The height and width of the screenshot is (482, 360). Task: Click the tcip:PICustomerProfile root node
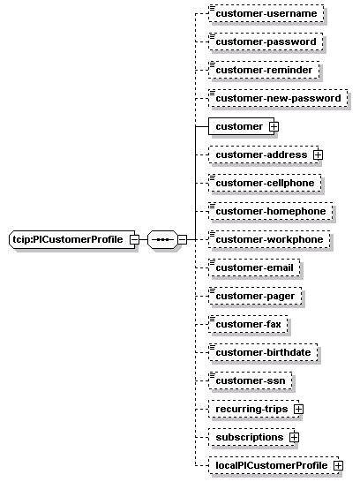(x=72, y=239)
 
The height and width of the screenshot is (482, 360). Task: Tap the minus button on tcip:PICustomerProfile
(x=134, y=239)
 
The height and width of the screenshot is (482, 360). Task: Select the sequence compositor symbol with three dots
(x=163, y=239)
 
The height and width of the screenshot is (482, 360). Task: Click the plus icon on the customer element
(x=274, y=126)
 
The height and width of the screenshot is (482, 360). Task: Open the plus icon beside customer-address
(x=319, y=154)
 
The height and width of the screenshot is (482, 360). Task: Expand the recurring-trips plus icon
(x=298, y=409)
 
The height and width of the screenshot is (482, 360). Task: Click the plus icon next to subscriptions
(x=295, y=438)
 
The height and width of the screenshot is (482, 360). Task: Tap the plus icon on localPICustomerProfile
(x=338, y=466)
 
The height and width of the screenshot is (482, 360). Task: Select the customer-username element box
(x=266, y=13)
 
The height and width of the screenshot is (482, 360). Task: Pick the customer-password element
(x=266, y=41)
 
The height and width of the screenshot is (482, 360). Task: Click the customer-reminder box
(x=264, y=70)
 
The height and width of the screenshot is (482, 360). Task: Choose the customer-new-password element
(x=278, y=98)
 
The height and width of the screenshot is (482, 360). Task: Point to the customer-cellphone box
(x=265, y=183)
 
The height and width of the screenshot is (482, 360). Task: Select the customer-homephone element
(x=271, y=211)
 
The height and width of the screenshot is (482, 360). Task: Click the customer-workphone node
(x=269, y=239)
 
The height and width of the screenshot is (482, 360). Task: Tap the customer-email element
(x=254, y=267)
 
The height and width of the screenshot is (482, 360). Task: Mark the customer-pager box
(x=255, y=296)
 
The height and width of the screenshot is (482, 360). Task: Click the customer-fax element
(x=248, y=324)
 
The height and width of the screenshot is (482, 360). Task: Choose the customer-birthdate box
(x=263, y=352)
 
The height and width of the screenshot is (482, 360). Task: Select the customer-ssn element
(x=251, y=380)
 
